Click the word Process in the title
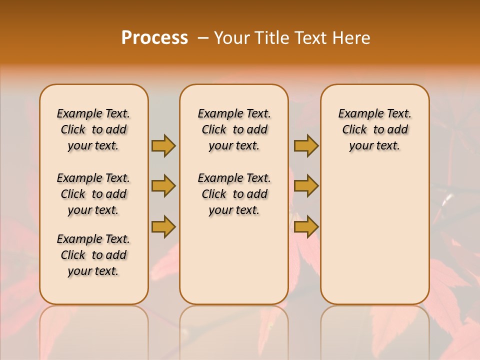[x=154, y=38]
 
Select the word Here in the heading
[x=351, y=38]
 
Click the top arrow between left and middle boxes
[x=163, y=145]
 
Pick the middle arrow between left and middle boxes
[x=163, y=186]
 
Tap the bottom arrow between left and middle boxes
[x=163, y=226]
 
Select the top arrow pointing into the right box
[x=306, y=145]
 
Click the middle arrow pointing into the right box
[x=306, y=186]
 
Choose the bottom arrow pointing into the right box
[x=306, y=226]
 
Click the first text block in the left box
[x=93, y=129]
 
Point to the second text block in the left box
[x=93, y=194]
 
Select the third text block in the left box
[x=93, y=255]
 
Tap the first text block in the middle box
[x=234, y=129]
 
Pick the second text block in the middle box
[x=234, y=194]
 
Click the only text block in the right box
[x=375, y=129]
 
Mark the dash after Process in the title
[x=203, y=38]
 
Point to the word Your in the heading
[x=230, y=38]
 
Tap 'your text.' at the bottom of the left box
[x=93, y=271]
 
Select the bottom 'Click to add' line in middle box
[x=234, y=194]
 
